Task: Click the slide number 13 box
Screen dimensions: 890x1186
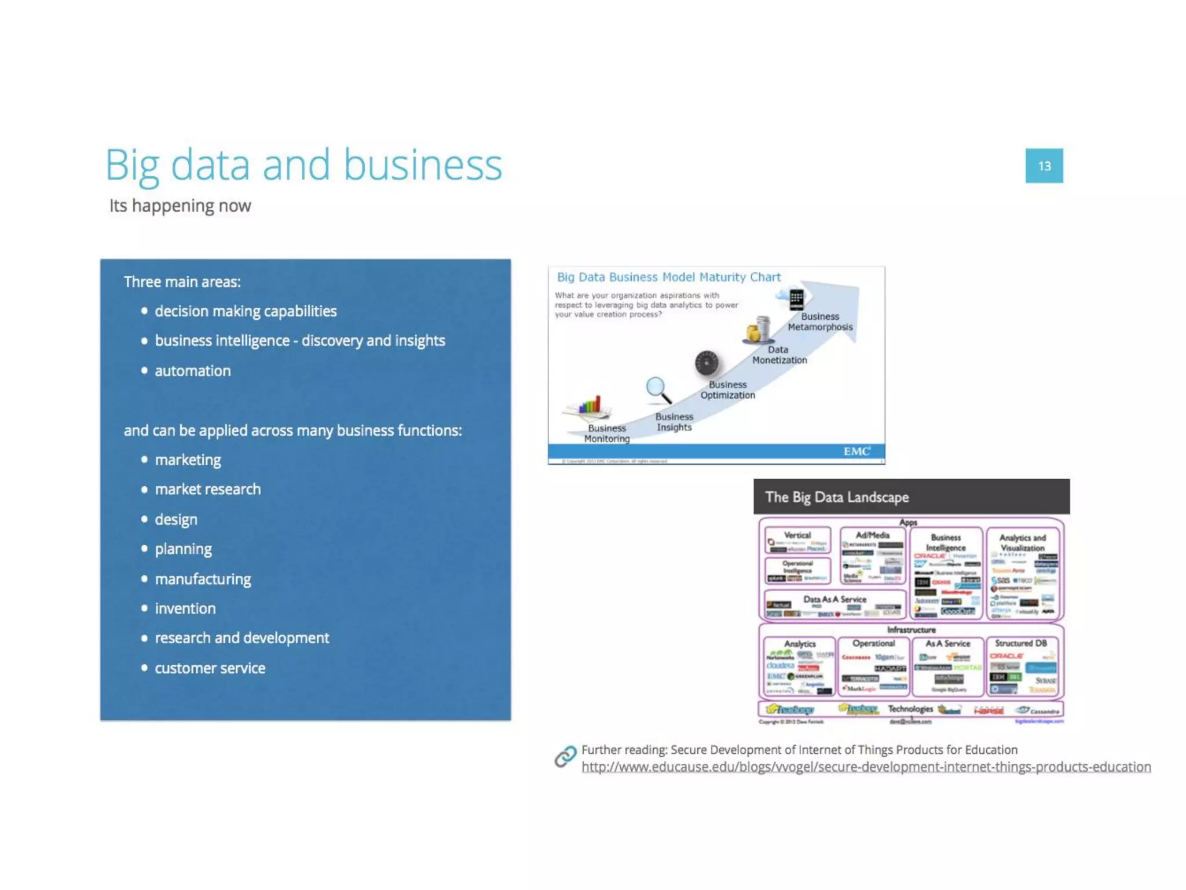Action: [x=1044, y=166]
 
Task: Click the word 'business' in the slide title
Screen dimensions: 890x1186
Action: [x=423, y=166]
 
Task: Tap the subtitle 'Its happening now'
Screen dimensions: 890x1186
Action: [x=180, y=206]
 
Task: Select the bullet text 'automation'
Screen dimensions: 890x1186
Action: [x=192, y=371]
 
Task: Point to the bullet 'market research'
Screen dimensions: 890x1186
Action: [x=207, y=490]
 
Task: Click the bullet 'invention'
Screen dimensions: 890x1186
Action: [x=185, y=608]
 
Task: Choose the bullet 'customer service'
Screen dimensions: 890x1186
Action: [x=210, y=668]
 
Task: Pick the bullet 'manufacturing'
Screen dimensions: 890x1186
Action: [x=203, y=579]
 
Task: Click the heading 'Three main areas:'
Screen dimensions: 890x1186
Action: [x=182, y=282]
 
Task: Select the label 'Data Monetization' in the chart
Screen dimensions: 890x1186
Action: [x=779, y=355]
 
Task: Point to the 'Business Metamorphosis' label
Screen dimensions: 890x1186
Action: [x=820, y=322]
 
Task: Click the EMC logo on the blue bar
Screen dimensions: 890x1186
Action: [x=856, y=451]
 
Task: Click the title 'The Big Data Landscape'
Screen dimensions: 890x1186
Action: [x=837, y=497]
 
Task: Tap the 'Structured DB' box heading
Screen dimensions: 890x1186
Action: [x=1020, y=643]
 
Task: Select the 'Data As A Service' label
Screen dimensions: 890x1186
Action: [x=834, y=599]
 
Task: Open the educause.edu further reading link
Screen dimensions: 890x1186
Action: [x=866, y=767]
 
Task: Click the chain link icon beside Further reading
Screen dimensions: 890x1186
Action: [x=565, y=756]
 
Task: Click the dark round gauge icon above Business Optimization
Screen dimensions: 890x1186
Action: [x=707, y=363]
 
